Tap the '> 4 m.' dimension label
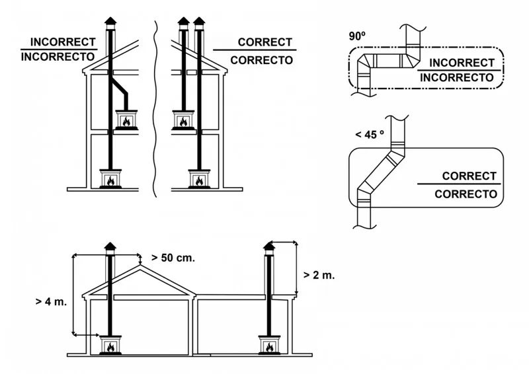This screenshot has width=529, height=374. tap(50, 302)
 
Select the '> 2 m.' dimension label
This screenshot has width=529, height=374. tap(319, 275)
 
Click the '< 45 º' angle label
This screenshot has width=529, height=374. tap(369, 134)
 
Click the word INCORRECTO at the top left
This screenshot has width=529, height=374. tap(58, 57)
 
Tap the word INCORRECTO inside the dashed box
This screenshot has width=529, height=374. tap(456, 77)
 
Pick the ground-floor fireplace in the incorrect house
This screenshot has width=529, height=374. tap(110, 179)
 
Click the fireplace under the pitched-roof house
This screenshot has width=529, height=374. tap(110, 346)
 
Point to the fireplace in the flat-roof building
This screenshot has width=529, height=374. tap(268, 346)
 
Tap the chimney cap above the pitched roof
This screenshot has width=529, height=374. tap(110, 247)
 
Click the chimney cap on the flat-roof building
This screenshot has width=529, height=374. tap(268, 247)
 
